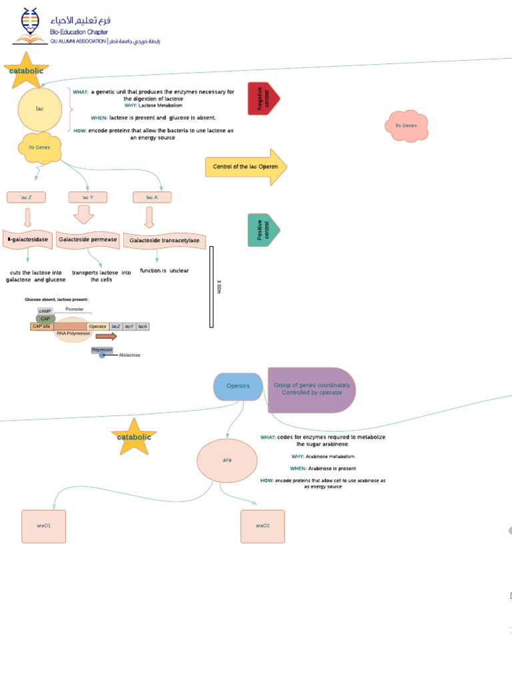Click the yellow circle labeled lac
click(x=40, y=109)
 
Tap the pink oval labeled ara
click(x=227, y=460)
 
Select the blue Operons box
click(x=238, y=386)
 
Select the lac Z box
click(x=26, y=197)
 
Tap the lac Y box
click(x=87, y=197)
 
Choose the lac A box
click(x=151, y=197)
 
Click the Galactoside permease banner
click(x=87, y=239)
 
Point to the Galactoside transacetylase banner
click(x=164, y=240)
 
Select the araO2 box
click(x=263, y=526)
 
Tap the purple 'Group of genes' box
click(x=311, y=390)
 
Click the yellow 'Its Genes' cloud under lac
click(x=39, y=147)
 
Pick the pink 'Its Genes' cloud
click(x=406, y=125)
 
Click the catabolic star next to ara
click(x=134, y=437)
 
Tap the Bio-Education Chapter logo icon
click(x=29, y=25)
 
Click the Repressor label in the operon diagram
click(x=102, y=350)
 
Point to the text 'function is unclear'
click(x=164, y=271)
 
